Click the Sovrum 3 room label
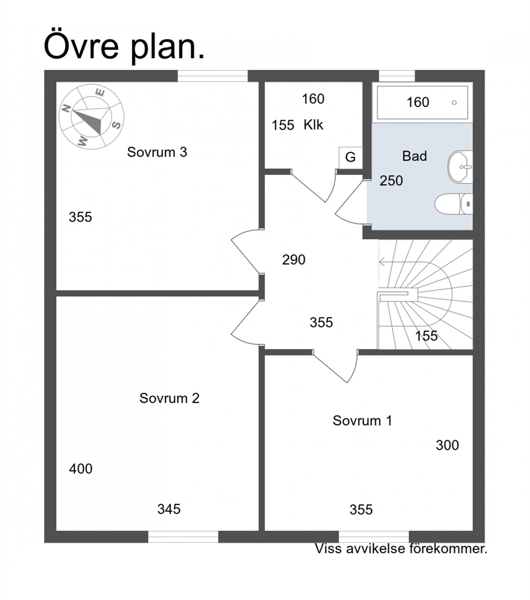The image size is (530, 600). [157, 152]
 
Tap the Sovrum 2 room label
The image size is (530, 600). [169, 398]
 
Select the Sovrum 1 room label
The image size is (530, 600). [362, 420]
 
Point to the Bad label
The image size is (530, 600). [415, 156]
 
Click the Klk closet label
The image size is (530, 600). [314, 124]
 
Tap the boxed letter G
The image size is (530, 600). [350, 157]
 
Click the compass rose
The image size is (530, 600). [91, 117]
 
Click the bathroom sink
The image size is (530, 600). [460, 167]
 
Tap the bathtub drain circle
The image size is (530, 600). [454, 103]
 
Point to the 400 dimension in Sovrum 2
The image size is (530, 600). [81, 469]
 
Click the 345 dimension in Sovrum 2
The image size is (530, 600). [169, 509]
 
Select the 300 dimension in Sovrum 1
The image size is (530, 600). [447, 445]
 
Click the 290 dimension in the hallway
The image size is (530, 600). [294, 260]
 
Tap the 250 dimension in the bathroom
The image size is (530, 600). [391, 181]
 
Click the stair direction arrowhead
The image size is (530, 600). [382, 262]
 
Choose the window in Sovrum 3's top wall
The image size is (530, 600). [213, 76]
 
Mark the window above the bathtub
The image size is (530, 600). [397, 76]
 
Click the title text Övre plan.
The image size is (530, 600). [124, 46]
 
